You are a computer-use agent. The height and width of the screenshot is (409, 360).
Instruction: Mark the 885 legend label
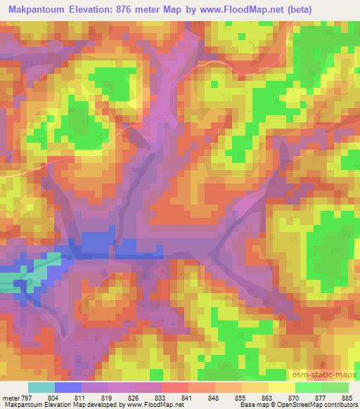[346, 397]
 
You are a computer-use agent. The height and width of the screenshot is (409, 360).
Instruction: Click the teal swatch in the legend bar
[41, 387]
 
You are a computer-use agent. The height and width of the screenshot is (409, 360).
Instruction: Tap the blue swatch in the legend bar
[68, 387]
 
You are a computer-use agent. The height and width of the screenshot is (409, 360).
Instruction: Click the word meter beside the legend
[10, 397]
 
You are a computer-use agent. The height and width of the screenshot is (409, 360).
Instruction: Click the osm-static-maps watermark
[330, 372]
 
